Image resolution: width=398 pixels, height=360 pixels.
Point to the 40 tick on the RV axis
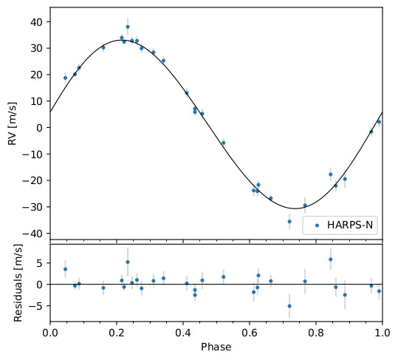point(37,21)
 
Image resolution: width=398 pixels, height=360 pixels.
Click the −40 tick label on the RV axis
point(34,233)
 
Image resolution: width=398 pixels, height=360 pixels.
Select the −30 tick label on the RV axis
point(34,206)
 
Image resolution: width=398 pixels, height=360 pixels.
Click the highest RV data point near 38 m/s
point(128,27)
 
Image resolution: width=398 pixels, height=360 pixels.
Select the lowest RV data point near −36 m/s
point(289,222)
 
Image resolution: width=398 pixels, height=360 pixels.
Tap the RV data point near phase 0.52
point(223,143)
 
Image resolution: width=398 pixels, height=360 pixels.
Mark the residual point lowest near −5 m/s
point(289,305)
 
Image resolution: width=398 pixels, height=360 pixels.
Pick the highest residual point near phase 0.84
point(330,259)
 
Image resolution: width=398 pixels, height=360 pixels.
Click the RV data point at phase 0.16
point(103,47)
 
